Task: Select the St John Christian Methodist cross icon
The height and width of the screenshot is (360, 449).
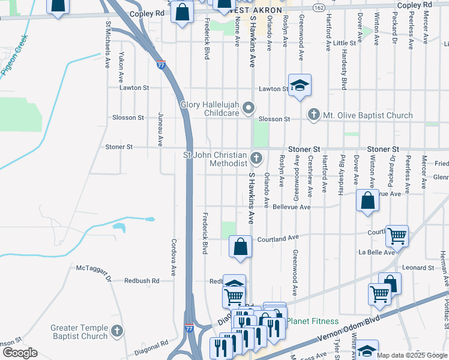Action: [256, 159]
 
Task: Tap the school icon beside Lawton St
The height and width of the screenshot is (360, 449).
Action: [299, 86]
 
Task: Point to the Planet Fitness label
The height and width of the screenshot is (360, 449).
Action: [312, 321]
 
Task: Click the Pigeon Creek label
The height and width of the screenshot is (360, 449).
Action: [15, 59]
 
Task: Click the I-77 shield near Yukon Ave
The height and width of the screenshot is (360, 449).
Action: [161, 64]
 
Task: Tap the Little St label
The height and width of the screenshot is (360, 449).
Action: [345, 43]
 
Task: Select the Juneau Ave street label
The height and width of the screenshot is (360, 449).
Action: [160, 129]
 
